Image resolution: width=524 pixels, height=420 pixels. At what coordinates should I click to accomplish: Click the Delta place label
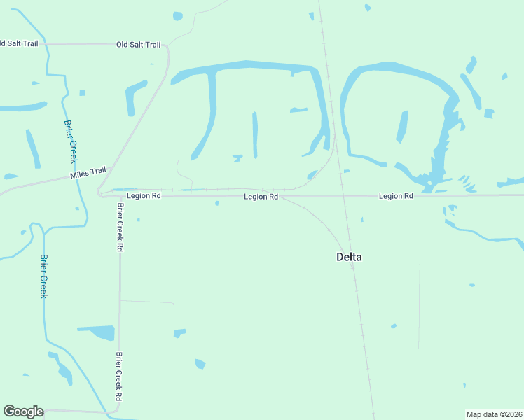349,257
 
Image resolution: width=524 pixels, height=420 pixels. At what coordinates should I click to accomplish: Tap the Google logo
23,412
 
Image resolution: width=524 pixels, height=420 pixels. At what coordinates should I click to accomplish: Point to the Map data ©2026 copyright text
494,414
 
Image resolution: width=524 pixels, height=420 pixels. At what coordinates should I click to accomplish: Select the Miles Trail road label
88,172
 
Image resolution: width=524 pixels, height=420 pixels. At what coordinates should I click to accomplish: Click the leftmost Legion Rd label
144,196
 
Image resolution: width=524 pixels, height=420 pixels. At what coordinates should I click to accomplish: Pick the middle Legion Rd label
261,197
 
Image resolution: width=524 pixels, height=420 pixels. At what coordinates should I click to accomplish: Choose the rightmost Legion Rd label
396,196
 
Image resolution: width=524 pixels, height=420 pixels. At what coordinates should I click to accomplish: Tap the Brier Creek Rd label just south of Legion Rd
120,227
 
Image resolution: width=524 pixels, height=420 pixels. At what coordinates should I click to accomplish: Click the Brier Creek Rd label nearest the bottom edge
120,376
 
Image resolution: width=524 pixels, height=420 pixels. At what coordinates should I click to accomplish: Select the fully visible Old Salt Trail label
138,45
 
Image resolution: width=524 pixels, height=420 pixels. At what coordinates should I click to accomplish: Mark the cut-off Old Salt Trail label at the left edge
19,43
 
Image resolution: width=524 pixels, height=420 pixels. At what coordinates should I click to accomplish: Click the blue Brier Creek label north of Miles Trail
70,141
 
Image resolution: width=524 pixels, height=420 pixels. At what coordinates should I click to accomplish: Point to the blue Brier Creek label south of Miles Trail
43,276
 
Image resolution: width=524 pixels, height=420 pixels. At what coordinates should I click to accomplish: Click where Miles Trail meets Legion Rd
102,192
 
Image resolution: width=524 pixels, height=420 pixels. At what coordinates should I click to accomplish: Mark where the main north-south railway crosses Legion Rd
344,196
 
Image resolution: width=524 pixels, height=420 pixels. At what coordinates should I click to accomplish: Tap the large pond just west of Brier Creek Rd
98,332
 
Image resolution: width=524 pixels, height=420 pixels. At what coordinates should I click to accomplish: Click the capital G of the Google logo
10,412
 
